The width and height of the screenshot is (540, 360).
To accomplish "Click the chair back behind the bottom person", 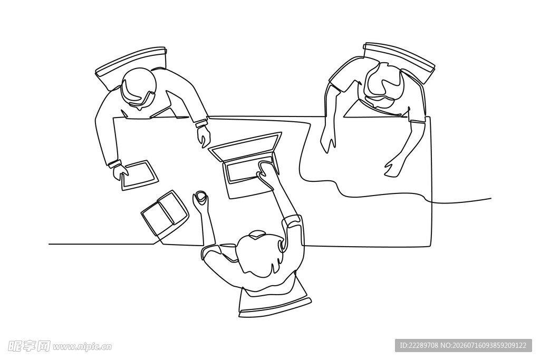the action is click(x=275, y=304).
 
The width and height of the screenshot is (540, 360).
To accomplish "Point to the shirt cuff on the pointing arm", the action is click(x=201, y=123).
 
